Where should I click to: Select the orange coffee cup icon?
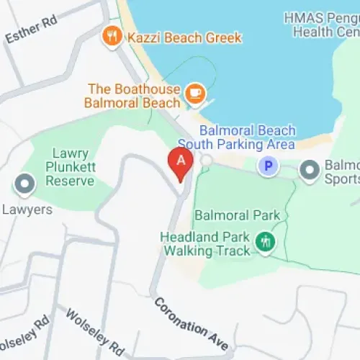pos(194,93)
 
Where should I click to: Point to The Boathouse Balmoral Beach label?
pos(133,96)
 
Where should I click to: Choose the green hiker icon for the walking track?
pos(266,242)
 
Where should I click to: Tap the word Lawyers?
pos(26,210)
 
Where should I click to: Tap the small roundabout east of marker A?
pos(206,159)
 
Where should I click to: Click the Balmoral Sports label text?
pos(342,171)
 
